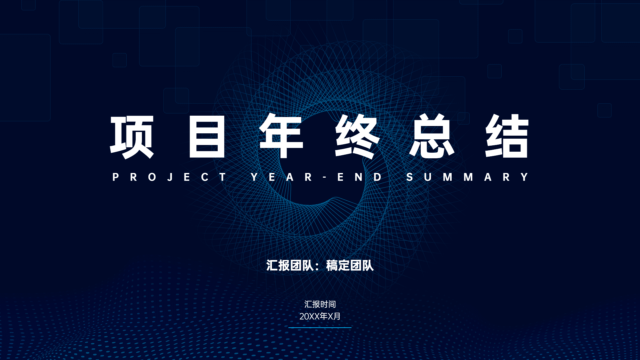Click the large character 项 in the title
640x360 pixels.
tap(132, 137)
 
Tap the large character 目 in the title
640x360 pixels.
tap(207, 137)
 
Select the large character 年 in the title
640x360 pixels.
tap(281, 136)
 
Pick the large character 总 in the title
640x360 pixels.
tap(432, 136)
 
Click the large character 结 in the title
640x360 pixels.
tap(507, 136)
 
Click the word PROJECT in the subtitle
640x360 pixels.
tap(170, 177)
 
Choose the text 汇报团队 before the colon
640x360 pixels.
tap(290, 266)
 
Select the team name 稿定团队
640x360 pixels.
tap(350, 266)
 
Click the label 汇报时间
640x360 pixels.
tap(320, 304)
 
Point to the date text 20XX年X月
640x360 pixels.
tap(320, 316)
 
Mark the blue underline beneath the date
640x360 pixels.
tap(320, 328)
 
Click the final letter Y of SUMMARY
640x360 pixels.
tap(525, 177)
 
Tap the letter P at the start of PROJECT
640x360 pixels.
tap(116, 177)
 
